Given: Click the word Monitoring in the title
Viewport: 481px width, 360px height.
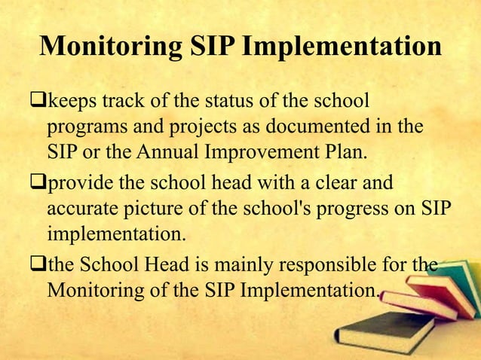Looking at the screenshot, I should (109, 47).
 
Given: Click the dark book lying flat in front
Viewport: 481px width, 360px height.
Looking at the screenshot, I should (377, 331).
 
